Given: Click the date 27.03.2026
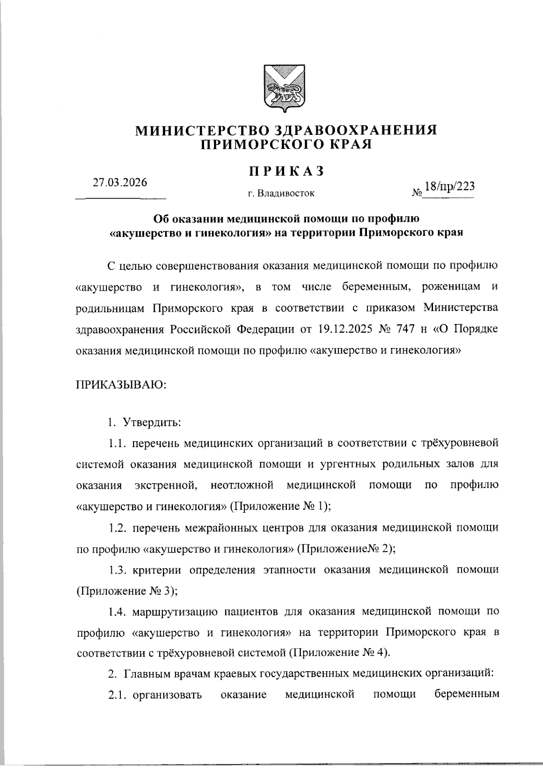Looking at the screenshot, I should click(x=120, y=182).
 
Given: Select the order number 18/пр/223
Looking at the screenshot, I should click(x=447, y=187).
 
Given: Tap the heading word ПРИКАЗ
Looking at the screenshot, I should click(x=286, y=171).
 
